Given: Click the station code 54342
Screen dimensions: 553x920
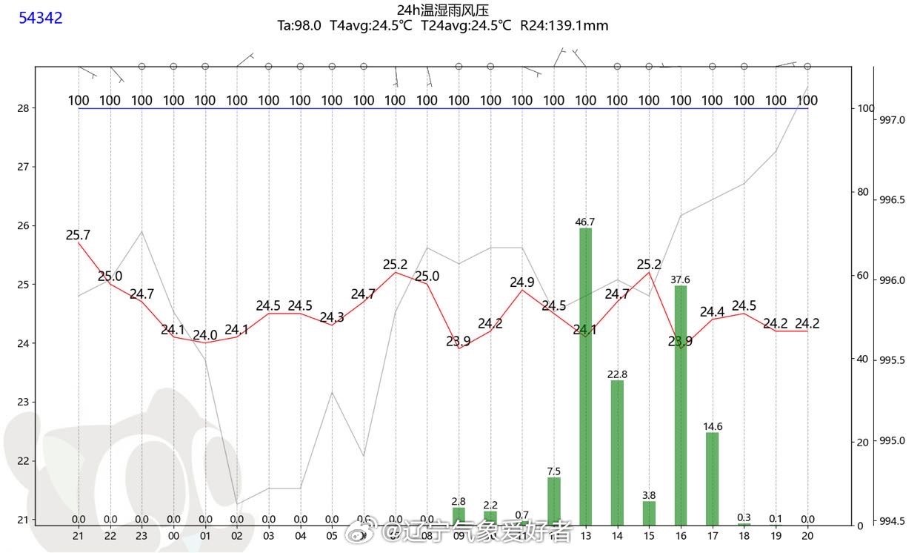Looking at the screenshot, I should click(41, 18).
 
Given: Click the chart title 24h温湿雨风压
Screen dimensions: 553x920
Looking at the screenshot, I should click(443, 10).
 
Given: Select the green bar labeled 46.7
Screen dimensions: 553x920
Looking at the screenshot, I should click(586, 376).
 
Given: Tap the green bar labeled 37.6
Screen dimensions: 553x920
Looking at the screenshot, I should click(681, 405).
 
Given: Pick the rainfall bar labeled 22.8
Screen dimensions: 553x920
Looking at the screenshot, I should click(617, 452).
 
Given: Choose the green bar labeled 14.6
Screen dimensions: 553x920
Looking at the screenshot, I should click(713, 478).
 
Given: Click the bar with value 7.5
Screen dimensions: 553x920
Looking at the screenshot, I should click(554, 501).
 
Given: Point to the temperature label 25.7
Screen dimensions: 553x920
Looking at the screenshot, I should click(78, 235).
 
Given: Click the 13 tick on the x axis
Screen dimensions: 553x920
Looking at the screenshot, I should click(586, 536).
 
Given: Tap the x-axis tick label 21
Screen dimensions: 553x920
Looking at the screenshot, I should click(78, 536).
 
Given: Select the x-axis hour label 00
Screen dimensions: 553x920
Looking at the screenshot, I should click(173, 536).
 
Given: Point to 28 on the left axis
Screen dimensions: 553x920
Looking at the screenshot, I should click(22, 108).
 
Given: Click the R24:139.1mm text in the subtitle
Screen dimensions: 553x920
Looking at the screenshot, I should click(564, 26).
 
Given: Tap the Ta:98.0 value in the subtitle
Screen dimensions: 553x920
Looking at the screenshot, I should click(299, 26).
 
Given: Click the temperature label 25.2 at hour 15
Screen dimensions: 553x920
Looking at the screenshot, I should click(649, 265).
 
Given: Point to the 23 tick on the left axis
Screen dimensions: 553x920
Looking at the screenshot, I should click(22, 403).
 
